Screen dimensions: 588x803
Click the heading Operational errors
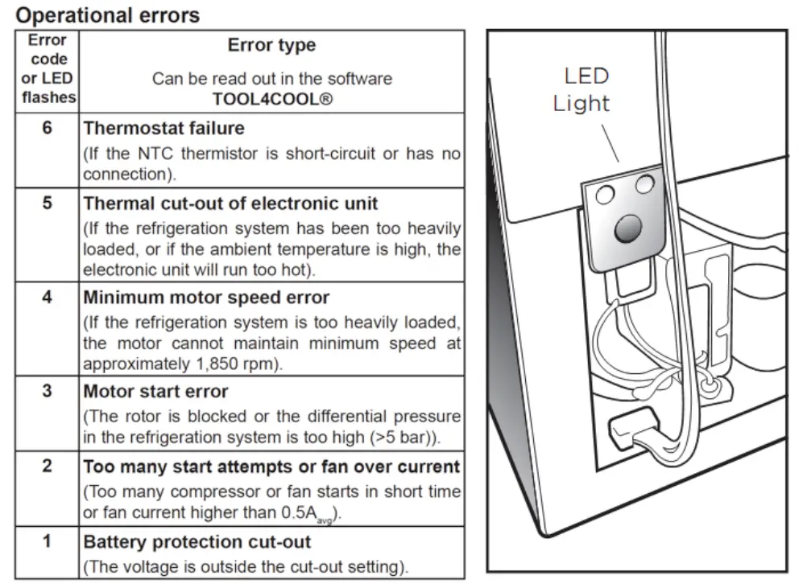point(108,14)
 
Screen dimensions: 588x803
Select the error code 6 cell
point(47,128)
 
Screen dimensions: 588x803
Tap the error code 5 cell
point(47,204)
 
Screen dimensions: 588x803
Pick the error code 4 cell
point(47,298)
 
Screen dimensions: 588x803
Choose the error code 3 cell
point(47,392)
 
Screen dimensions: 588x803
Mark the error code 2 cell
point(47,467)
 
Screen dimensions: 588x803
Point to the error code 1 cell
point(47,541)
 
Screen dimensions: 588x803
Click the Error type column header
point(271,46)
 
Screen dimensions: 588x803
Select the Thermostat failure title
point(163,128)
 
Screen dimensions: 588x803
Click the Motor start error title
point(155,392)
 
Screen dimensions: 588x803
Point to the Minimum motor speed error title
point(206,298)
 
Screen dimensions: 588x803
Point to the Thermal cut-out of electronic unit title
point(230,204)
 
